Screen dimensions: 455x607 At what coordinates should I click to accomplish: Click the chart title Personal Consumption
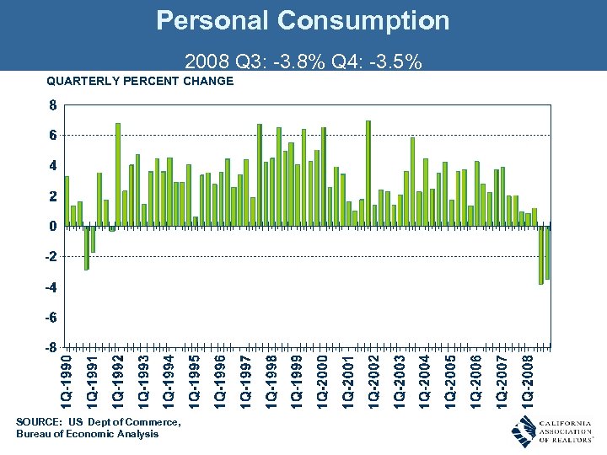pos(303,21)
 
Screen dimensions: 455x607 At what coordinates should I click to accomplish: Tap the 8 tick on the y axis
pos(52,106)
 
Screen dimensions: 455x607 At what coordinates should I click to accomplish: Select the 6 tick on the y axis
pos(52,135)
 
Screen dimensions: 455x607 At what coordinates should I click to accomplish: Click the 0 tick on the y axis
pos(52,226)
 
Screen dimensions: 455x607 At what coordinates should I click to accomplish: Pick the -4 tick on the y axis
pos(51,287)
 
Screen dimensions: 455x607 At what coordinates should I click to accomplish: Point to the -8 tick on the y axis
pos(51,347)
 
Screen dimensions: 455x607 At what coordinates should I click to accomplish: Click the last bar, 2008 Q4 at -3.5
pos(547,253)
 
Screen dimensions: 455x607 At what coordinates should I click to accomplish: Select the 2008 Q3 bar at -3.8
pos(541,255)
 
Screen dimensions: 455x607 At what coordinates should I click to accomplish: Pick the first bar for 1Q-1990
pos(67,201)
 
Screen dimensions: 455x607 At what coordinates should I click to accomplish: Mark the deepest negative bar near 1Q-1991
pos(86,248)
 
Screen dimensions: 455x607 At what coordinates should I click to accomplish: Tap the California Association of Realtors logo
pos(551,431)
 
